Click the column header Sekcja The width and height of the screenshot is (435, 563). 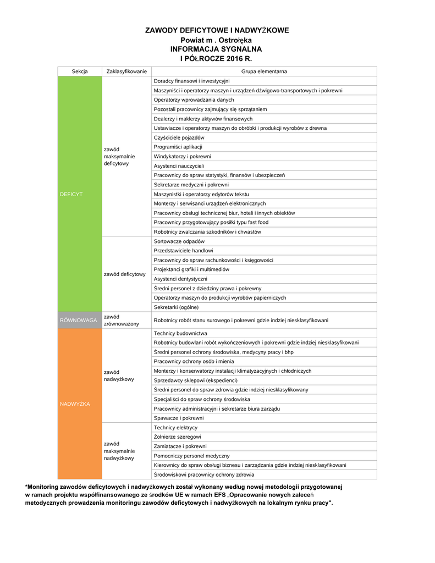point(80,71)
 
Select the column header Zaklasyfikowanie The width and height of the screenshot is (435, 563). point(126,71)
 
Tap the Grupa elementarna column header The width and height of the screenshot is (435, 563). point(264,71)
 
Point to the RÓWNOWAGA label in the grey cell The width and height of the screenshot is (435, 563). point(79,320)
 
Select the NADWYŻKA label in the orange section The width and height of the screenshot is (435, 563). point(74,404)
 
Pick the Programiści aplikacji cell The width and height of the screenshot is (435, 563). point(178,147)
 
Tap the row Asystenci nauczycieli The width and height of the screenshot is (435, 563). point(179,165)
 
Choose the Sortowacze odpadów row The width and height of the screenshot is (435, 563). point(179,241)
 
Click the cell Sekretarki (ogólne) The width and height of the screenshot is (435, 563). point(176,307)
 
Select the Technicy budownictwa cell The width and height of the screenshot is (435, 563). point(180,333)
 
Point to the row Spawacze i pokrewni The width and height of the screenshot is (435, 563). point(179,418)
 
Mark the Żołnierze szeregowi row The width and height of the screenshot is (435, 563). point(177,437)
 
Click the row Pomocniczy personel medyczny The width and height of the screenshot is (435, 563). point(191,456)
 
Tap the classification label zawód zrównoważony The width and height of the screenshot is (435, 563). point(122,320)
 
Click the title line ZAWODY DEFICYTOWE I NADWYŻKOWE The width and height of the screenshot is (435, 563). point(217,30)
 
